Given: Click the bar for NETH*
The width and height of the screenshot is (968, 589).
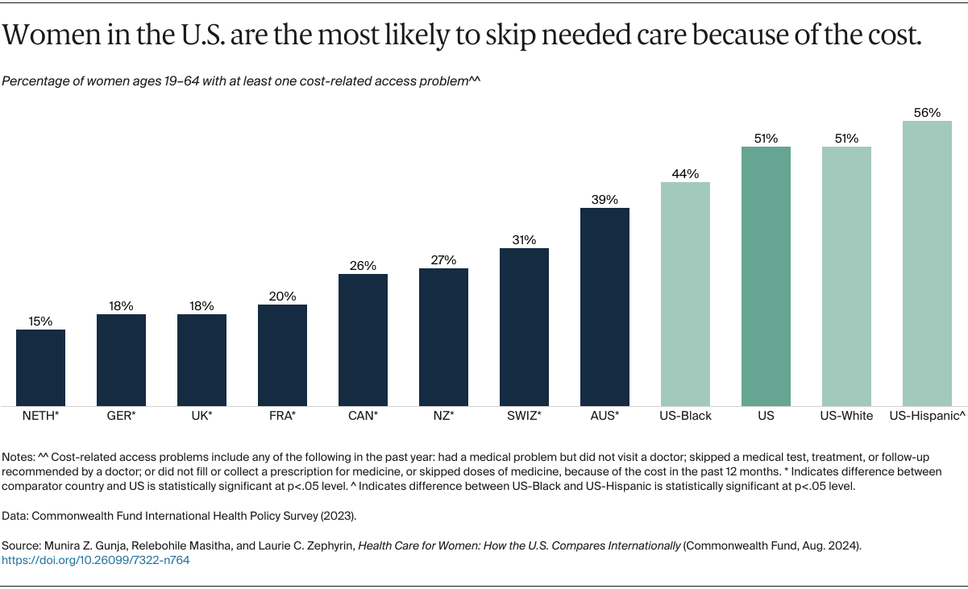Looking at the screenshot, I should (x=40, y=367).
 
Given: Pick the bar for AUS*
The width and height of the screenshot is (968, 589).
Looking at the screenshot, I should (x=604, y=307).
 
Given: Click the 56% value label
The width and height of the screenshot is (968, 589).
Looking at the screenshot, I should (x=927, y=113).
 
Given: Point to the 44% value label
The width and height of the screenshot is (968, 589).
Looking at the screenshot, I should (x=685, y=174).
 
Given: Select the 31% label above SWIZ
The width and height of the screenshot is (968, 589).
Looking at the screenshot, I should (x=524, y=240).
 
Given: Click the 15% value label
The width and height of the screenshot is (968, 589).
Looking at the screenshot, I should (x=40, y=321).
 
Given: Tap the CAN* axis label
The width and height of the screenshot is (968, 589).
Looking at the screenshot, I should (x=363, y=416).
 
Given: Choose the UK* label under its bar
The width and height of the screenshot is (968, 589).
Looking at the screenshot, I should (x=201, y=416).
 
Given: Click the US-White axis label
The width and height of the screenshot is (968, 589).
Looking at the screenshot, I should (x=846, y=416).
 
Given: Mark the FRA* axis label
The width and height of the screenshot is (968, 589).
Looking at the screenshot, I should (x=282, y=416).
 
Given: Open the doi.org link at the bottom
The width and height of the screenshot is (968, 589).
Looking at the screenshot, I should (x=96, y=560).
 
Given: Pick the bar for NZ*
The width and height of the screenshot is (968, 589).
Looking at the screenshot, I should (x=443, y=337).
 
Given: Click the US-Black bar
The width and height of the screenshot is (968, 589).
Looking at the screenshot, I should (x=685, y=294).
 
